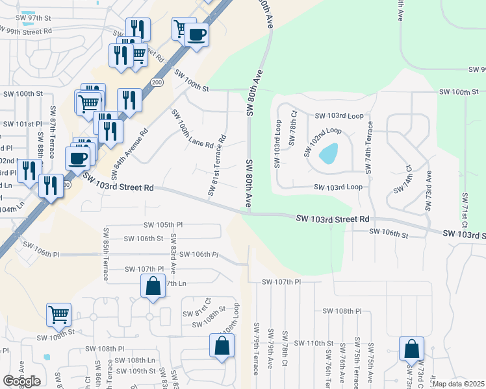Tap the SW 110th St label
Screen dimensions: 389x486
(314, 343)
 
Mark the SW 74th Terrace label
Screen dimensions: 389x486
(370, 147)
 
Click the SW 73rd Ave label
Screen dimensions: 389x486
(428, 191)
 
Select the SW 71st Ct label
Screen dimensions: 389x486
(465, 211)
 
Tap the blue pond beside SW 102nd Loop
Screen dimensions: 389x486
(328, 154)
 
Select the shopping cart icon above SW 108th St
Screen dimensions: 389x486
(58, 314)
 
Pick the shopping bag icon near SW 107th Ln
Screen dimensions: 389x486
(152, 286)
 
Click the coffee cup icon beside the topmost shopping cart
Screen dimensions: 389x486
(197, 34)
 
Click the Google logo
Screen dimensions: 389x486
(21, 381)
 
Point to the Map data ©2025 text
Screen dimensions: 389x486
(459, 384)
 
